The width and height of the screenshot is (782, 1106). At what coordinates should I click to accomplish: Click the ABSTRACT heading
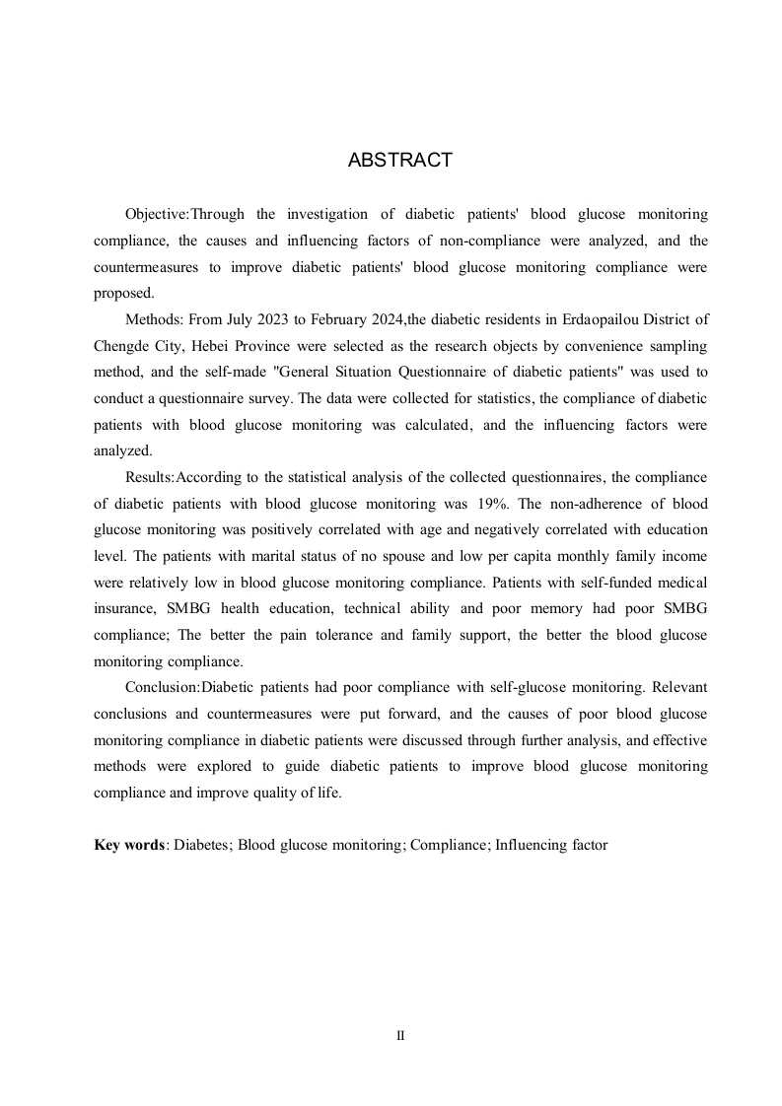tap(399, 161)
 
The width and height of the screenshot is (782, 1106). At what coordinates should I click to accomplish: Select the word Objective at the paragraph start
tap(156, 215)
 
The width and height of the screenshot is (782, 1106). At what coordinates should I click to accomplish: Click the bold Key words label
tap(129, 845)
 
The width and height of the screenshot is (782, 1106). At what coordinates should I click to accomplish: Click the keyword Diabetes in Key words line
tap(202, 845)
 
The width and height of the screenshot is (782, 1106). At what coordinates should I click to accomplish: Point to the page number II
tap(399, 1036)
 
